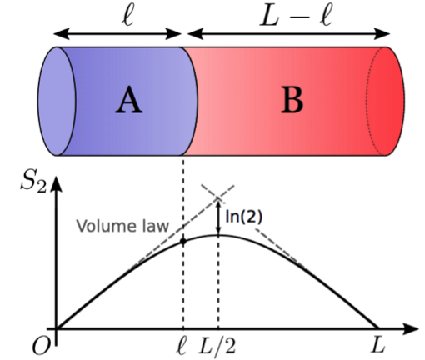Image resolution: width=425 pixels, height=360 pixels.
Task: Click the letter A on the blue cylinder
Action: (x=129, y=100)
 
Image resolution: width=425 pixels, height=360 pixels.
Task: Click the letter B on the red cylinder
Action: (x=292, y=100)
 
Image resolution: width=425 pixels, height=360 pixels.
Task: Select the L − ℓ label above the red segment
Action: (x=296, y=17)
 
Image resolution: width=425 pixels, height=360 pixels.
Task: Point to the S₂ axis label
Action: (x=33, y=182)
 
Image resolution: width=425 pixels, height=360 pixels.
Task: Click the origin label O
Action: (x=42, y=347)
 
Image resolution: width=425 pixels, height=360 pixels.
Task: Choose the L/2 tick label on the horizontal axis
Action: (x=217, y=346)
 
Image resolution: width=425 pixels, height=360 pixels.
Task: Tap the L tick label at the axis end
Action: (x=378, y=345)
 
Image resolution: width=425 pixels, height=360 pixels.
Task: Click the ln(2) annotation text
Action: (x=243, y=217)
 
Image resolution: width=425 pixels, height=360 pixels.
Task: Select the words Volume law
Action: (x=122, y=226)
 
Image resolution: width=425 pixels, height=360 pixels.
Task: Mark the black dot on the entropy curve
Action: (x=182, y=241)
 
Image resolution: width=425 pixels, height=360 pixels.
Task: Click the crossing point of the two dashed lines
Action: (x=218, y=197)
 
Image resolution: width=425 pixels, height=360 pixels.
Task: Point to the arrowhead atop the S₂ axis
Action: (x=57, y=183)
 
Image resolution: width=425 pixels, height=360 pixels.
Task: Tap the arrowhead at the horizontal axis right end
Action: (x=410, y=328)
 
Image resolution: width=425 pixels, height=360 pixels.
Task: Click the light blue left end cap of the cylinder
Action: (x=57, y=101)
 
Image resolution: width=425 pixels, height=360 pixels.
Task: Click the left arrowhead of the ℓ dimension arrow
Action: (x=62, y=34)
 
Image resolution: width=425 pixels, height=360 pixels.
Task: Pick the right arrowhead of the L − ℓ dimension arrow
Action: (x=382, y=34)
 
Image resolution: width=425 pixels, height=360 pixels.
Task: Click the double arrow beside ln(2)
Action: (x=218, y=217)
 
